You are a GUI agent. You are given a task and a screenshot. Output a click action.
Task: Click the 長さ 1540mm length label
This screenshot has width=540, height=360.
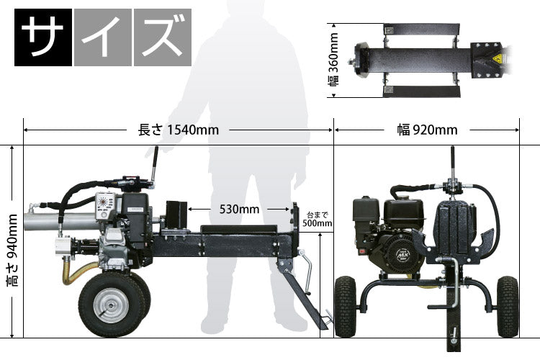179,130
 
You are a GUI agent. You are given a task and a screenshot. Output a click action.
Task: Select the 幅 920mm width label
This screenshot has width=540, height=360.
428,130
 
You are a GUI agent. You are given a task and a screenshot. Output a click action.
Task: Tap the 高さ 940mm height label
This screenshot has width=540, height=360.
13,251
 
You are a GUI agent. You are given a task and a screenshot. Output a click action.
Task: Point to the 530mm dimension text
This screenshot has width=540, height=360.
239,209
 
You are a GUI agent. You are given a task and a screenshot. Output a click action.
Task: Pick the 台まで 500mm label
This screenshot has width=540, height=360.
318,220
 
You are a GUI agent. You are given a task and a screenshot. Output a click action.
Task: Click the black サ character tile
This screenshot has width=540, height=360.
43,37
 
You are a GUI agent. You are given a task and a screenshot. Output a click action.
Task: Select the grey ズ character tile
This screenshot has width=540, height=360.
163,37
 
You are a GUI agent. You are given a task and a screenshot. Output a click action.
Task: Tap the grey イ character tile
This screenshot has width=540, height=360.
103,37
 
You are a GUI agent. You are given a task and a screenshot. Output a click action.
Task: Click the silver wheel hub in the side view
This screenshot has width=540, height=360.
111,305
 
